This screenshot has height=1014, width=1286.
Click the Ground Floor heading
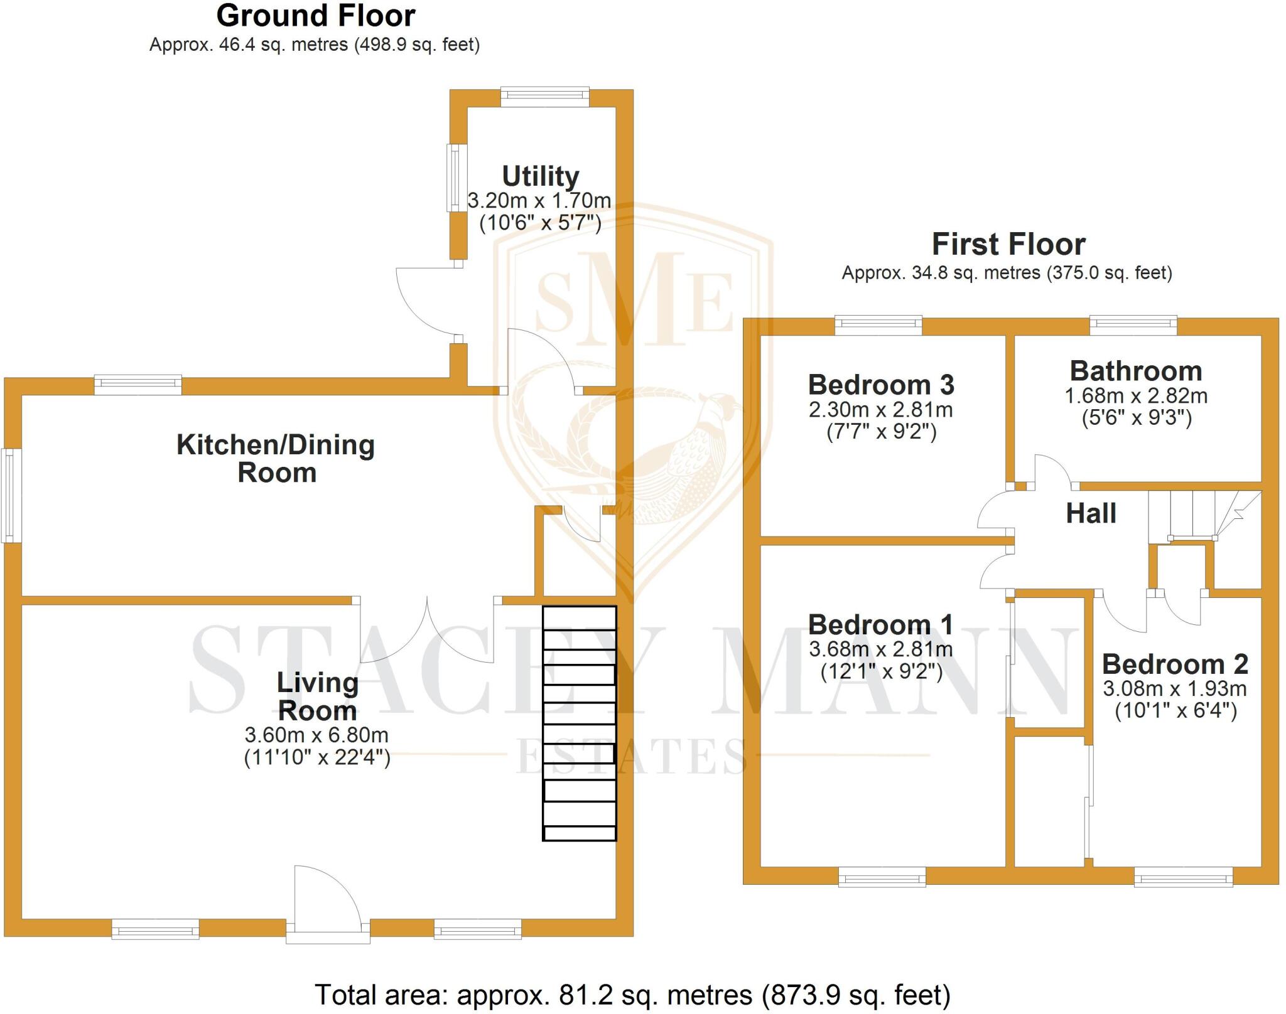pos(315,16)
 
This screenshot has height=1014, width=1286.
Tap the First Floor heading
pos(1008,244)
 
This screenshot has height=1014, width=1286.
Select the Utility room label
pos(540,176)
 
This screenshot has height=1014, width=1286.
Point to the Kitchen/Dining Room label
pos(276,458)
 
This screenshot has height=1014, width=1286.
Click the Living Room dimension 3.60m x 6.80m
pos(316,735)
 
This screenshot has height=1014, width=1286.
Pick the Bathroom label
pos(1135,371)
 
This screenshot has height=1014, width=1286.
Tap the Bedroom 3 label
pos(881,385)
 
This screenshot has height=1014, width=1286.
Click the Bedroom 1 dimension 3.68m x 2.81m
pos(880,649)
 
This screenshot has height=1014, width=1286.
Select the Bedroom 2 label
pos(1174,664)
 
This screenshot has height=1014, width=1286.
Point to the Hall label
pos(1091,513)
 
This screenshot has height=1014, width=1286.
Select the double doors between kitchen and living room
pos(427,631)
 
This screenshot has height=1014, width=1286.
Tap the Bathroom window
pos(1133,324)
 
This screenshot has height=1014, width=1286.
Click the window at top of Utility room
pos(544,95)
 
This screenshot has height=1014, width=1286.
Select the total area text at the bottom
pos(632,995)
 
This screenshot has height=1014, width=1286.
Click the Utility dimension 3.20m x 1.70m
pos(539,201)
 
